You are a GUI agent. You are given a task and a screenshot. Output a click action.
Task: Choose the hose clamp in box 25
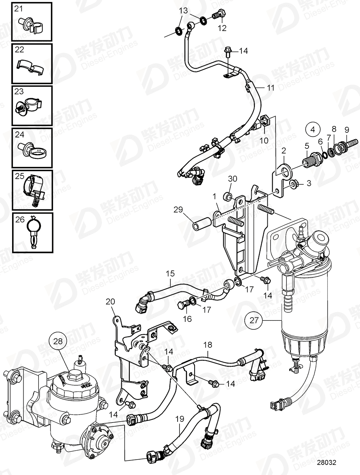(x=34, y=190)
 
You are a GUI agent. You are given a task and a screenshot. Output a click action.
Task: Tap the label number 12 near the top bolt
(x=222, y=28)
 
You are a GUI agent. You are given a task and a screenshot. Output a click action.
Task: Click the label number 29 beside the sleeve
(x=179, y=210)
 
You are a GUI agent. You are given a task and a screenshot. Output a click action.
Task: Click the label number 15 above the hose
(x=170, y=273)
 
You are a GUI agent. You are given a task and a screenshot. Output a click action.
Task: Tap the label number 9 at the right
(x=346, y=130)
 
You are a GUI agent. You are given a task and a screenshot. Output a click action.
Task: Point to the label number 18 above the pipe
(x=208, y=344)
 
